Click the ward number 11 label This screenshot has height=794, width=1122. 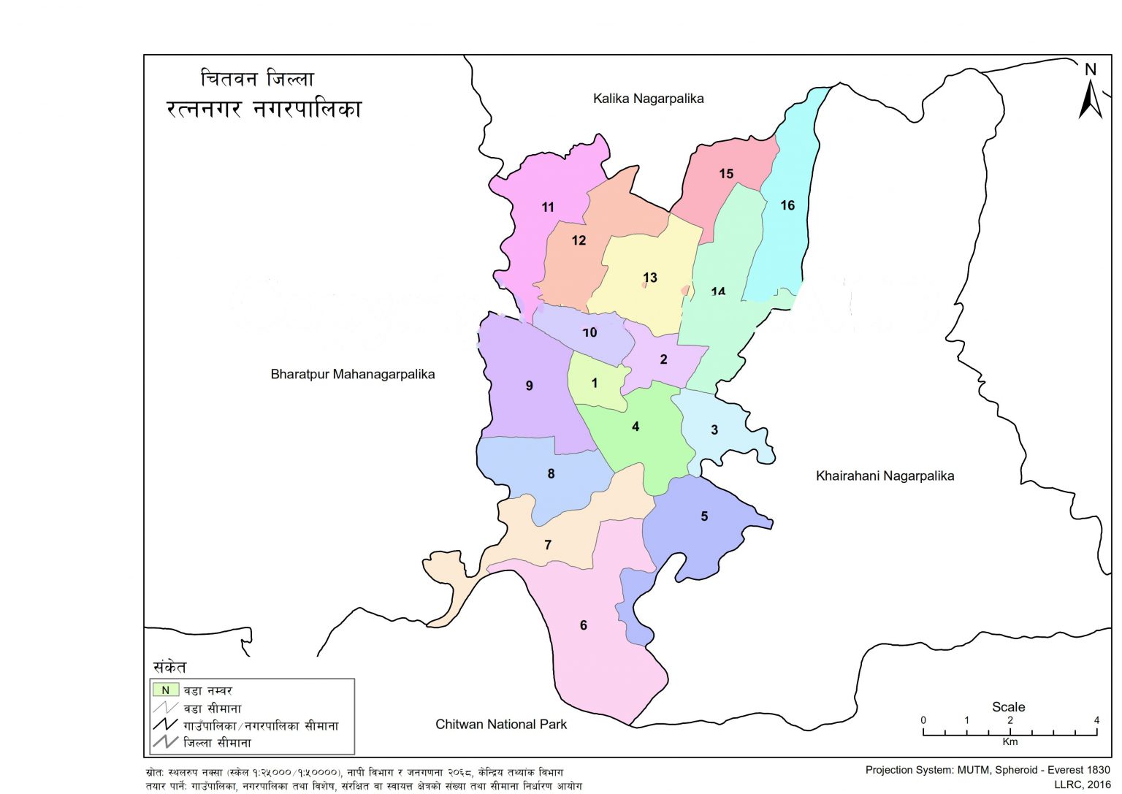pyautogui.click(x=548, y=207)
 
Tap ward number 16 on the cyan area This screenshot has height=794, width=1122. pyautogui.click(x=787, y=205)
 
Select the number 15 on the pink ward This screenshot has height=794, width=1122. pyautogui.click(x=726, y=174)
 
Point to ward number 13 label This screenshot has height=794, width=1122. pyautogui.click(x=650, y=278)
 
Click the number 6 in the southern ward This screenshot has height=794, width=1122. pyautogui.click(x=583, y=625)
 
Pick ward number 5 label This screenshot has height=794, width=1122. pyautogui.click(x=704, y=516)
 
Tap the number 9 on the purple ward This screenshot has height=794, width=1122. pyautogui.click(x=530, y=386)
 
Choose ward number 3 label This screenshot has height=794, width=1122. pyautogui.click(x=714, y=430)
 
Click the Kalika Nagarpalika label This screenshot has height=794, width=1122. pyautogui.click(x=648, y=99)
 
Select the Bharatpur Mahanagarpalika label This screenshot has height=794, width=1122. pyautogui.click(x=352, y=375)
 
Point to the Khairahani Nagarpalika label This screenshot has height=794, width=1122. pyautogui.click(x=885, y=476)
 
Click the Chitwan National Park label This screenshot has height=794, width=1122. pyautogui.click(x=501, y=725)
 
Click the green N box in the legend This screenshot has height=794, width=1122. pyautogui.click(x=166, y=690)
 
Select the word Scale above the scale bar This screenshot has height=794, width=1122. pyautogui.click(x=1008, y=707)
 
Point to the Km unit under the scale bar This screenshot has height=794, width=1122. pyautogui.click(x=1010, y=742)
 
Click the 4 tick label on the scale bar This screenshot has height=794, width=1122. pyautogui.click(x=1096, y=720)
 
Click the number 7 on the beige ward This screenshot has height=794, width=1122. pyautogui.click(x=548, y=545)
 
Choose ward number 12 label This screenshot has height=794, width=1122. pyautogui.click(x=579, y=240)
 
